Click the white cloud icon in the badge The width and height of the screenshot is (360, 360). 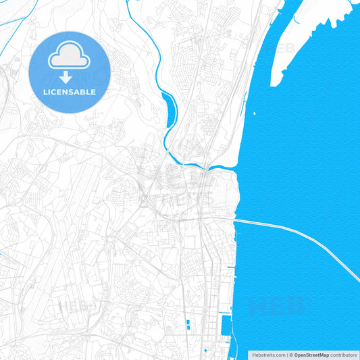click(x=70, y=55)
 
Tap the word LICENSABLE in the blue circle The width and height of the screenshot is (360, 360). click(x=70, y=91)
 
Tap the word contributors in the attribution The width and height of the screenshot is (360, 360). click(x=343, y=354)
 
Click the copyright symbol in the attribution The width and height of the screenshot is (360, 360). click(x=290, y=354)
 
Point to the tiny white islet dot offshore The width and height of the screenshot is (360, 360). click(x=255, y=112)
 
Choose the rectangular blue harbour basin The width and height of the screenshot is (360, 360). click(x=224, y=330)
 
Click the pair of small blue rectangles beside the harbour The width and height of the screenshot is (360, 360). click(x=188, y=324)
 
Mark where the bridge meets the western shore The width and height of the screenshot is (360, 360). click(x=236, y=220)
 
